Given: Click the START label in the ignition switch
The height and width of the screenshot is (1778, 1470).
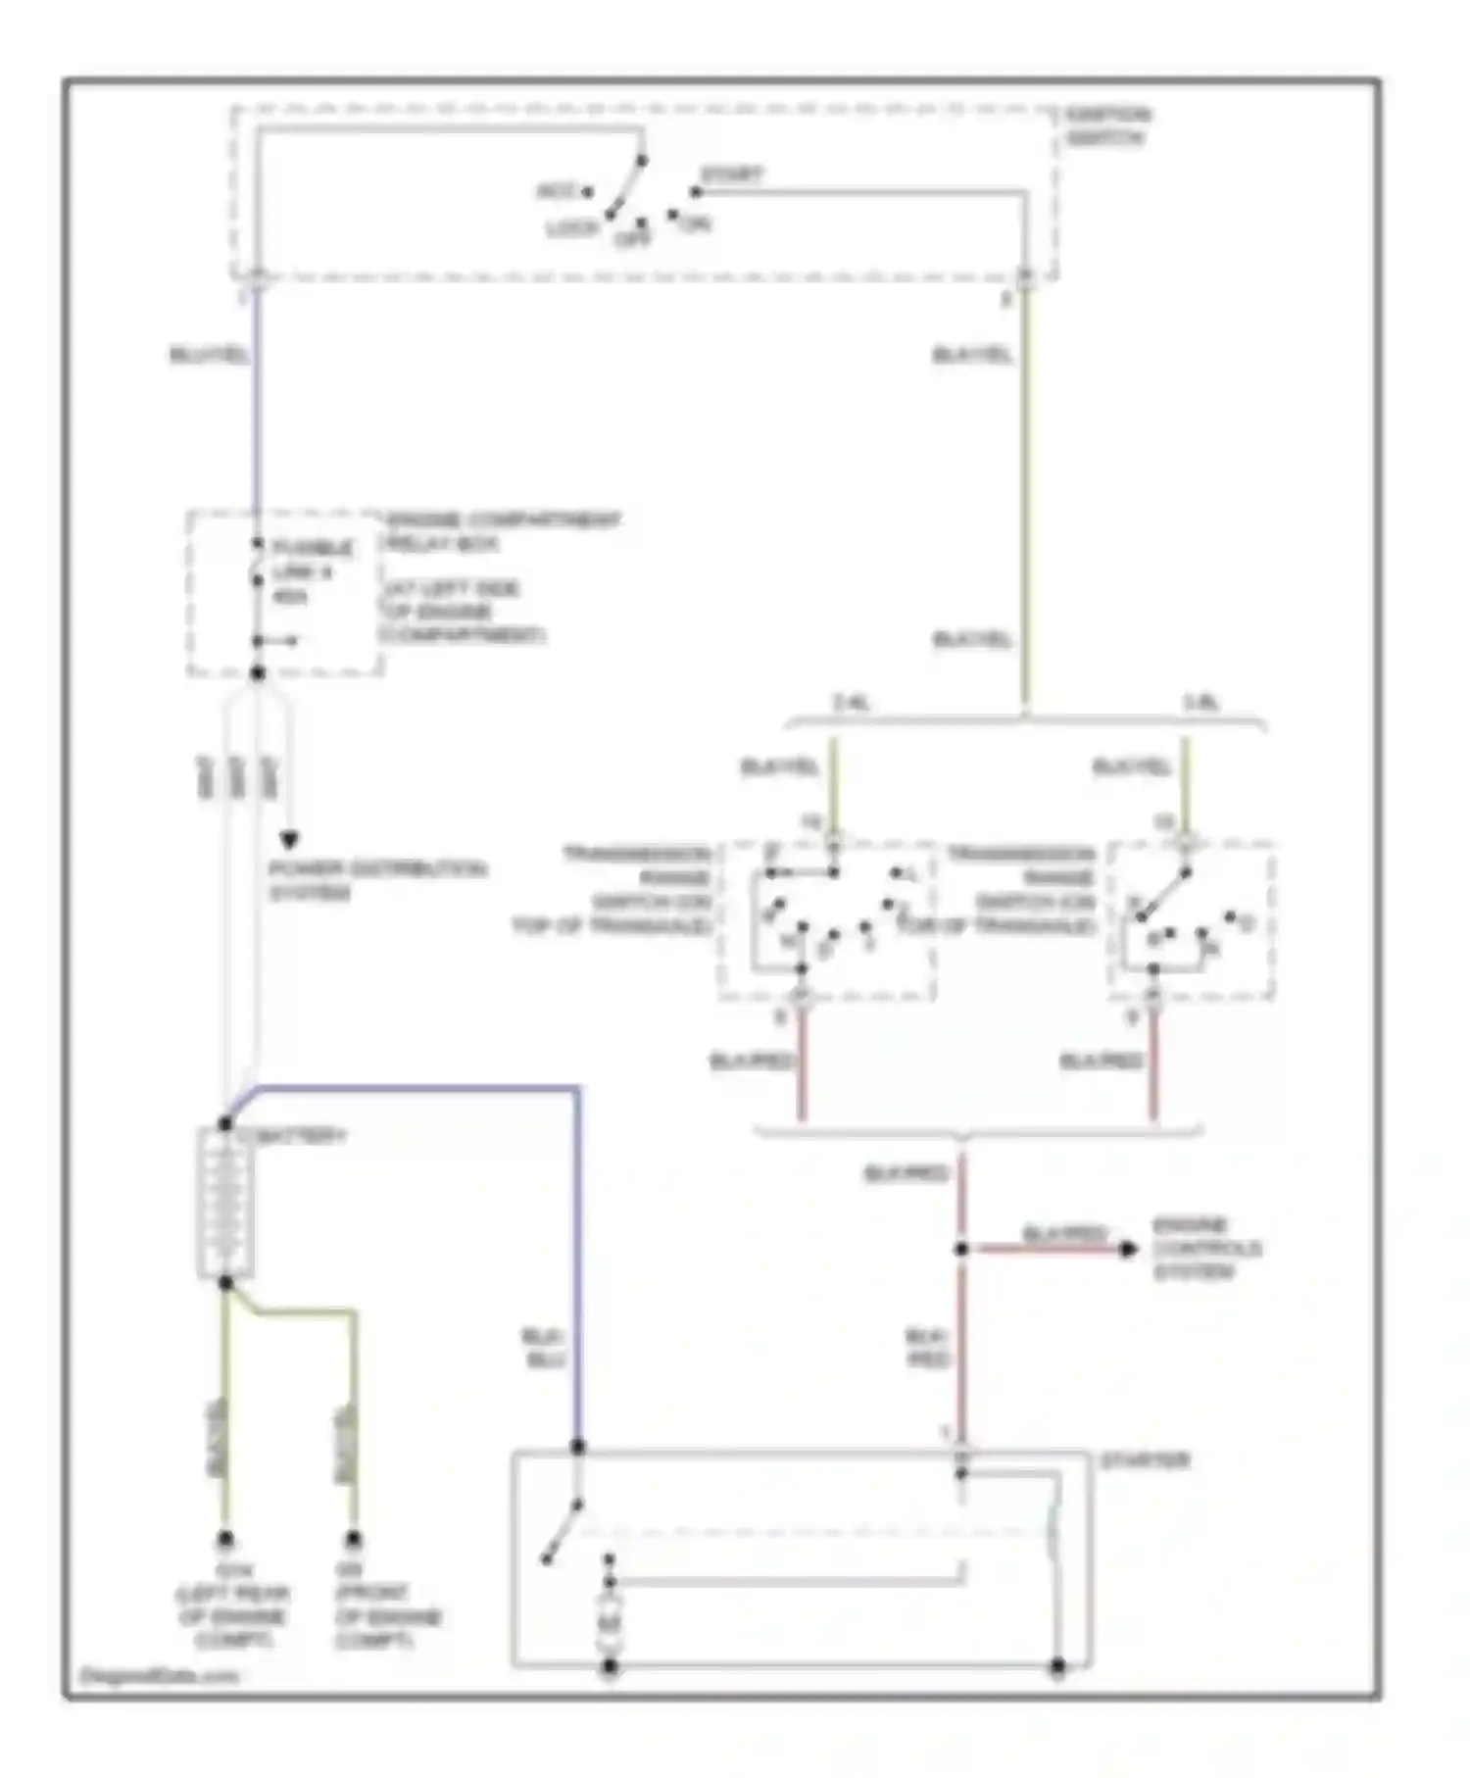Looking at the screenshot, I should click(x=731, y=174).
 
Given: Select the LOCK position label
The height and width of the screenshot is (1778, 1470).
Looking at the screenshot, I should click(x=571, y=228).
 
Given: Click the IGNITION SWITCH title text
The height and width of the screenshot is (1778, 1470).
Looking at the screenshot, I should click(x=1107, y=126).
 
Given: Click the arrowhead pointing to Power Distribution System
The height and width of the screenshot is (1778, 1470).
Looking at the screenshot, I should click(x=289, y=840).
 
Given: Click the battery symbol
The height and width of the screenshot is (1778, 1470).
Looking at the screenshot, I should click(x=226, y=1204).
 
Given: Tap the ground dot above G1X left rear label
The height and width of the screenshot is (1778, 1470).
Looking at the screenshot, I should click(x=225, y=1539).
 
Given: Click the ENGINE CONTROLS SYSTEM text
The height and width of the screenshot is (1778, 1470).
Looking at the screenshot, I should click(x=1205, y=1248).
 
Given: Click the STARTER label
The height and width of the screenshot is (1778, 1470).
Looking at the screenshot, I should click(x=1145, y=1460).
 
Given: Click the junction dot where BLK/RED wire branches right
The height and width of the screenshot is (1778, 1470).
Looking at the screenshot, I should click(x=961, y=1249).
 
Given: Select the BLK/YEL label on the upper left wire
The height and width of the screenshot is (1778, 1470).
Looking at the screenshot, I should click(x=210, y=355).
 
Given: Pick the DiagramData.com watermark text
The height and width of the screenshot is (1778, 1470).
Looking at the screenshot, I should click(x=157, y=1675).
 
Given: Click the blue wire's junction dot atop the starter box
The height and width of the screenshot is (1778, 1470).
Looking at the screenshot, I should click(x=578, y=1447).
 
